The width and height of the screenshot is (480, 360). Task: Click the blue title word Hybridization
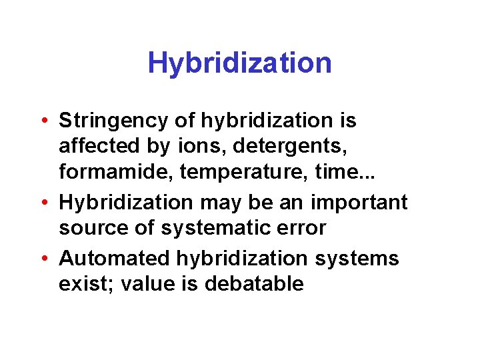point(239,63)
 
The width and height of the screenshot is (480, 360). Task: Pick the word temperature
point(227,171)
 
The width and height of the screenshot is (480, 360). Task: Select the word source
point(93,228)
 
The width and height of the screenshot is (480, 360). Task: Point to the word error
point(301,228)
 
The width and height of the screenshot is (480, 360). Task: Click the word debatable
point(255,284)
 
